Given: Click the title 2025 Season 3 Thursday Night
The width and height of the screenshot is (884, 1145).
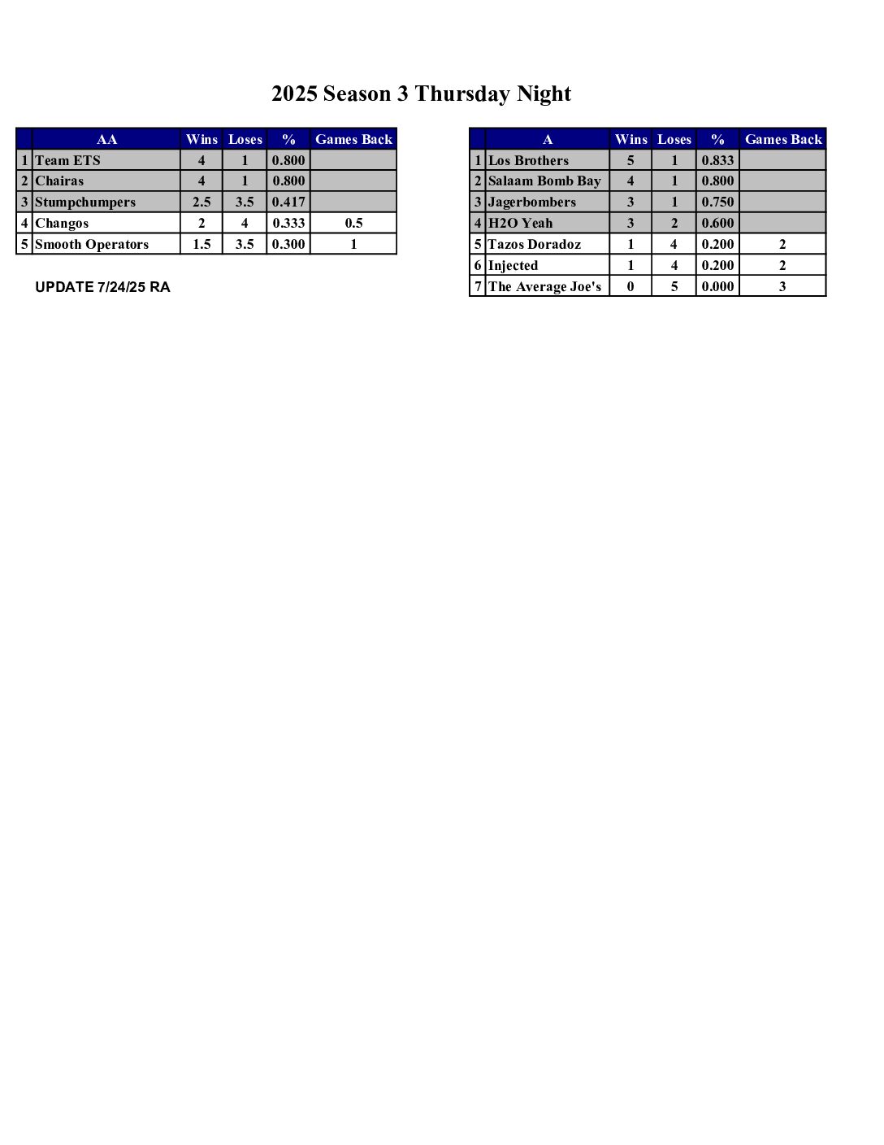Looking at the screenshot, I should tap(421, 94).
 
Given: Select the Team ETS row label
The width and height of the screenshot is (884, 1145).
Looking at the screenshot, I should tap(67, 160).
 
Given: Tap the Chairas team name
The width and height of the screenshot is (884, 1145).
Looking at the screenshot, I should tap(59, 181).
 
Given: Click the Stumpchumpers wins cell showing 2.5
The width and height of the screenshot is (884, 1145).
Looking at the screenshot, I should tap(201, 202).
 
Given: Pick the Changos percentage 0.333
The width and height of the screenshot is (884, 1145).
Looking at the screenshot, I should tap(288, 224).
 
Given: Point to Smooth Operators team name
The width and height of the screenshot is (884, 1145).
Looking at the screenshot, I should tap(92, 245).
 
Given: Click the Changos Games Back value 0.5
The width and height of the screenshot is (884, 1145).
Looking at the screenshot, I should tap(353, 224).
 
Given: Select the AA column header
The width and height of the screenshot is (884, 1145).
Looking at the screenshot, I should tap(106, 139).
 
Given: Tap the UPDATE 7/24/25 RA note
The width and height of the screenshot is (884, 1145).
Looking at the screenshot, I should tap(102, 287).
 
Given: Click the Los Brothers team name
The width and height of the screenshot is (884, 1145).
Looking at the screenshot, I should tap(528, 160).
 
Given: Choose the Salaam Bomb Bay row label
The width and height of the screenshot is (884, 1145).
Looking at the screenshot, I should tap(544, 181).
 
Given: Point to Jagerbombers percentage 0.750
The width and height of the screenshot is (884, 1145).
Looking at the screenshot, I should tap(717, 202).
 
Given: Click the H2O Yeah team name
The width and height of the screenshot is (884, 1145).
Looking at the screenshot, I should tap(520, 224).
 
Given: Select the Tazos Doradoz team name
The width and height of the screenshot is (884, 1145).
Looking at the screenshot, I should tap(535, 245).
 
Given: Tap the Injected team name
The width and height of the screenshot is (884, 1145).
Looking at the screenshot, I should tap(513, 266).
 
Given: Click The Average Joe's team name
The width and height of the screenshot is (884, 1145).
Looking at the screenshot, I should tap(544, 286).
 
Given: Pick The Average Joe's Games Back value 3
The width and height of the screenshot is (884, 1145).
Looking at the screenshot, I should tap(782, 286).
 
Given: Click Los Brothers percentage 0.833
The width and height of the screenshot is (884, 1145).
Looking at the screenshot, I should tap(717, 160).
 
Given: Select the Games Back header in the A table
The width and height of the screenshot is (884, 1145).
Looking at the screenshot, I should tap(783, 139).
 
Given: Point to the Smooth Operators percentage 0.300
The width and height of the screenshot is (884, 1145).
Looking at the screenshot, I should tap(288, 245).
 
